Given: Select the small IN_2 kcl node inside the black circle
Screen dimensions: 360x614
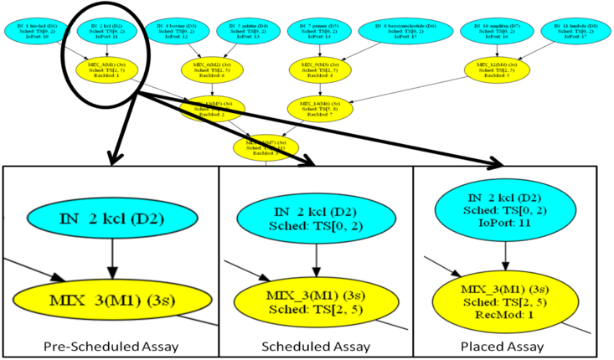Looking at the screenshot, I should [x=106, y=31].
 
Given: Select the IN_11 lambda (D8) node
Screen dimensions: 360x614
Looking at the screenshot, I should [x=568, y=31].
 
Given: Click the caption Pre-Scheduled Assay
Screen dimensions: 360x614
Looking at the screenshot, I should [x=111, y=345].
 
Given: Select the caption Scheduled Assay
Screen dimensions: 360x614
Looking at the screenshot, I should [x=316, y=345].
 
